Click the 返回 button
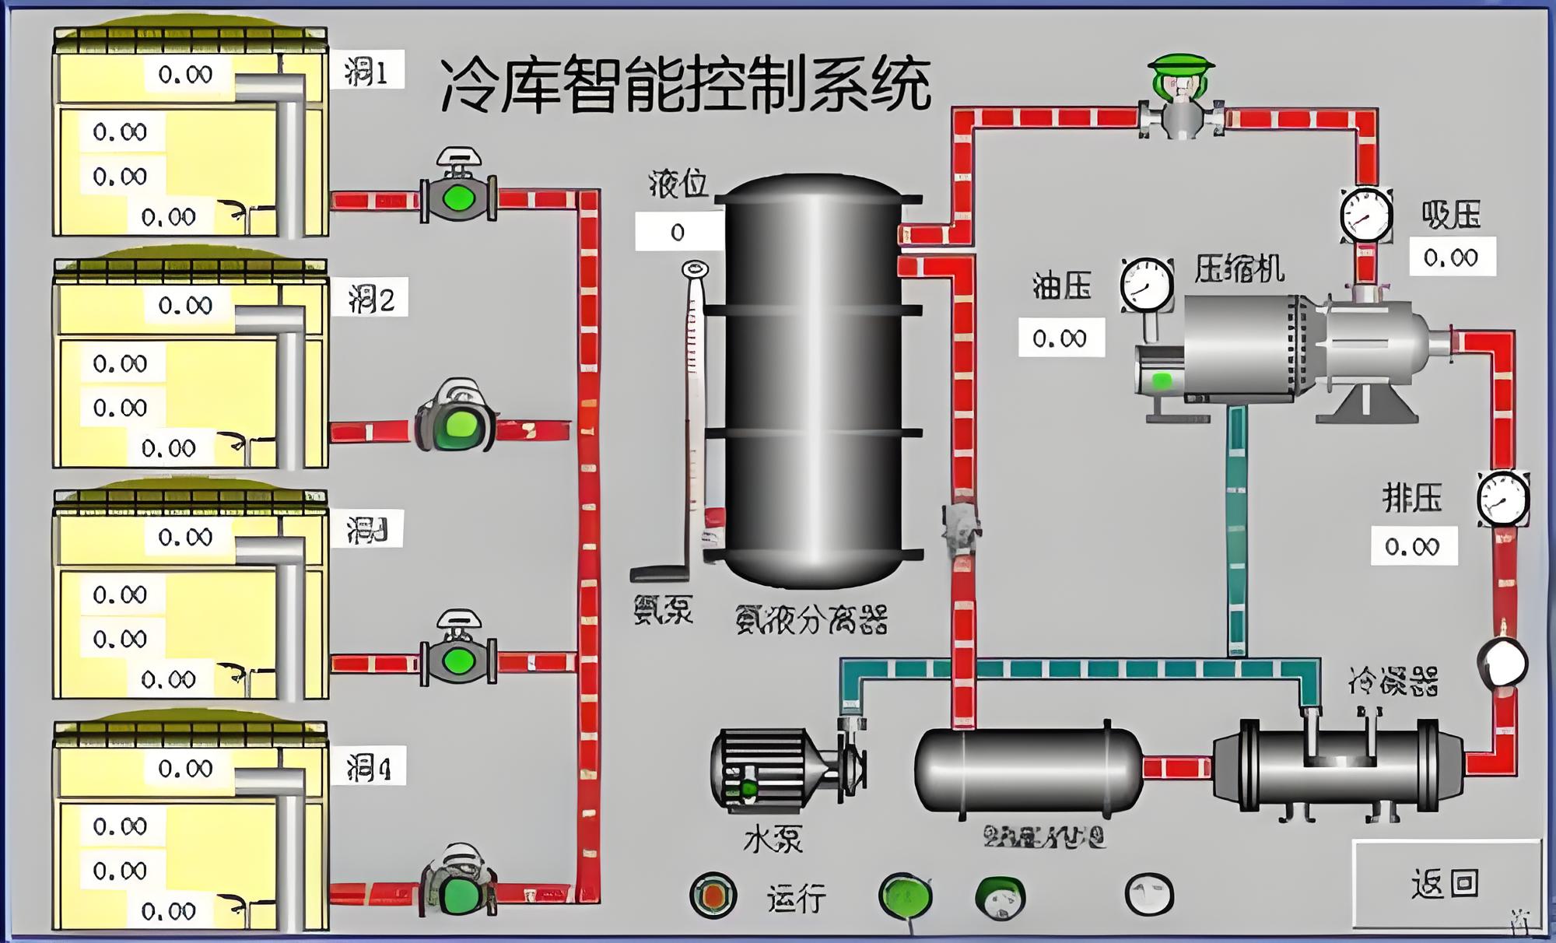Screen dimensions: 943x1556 pos(1446,884)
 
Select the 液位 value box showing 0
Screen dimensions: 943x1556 pos(678,232)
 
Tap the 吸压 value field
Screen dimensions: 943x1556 pos(1452,258)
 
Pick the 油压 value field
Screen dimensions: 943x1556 pos(1060,338)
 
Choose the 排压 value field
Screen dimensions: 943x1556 pos(1413,546)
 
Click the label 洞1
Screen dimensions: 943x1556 pos(366,72)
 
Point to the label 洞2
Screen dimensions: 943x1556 pos(370,299)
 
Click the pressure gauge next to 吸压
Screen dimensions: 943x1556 pos(1366,215)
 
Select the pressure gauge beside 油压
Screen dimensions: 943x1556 pos(1147,285)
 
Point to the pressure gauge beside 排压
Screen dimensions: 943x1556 pos(1503,499)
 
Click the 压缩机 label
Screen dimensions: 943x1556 pos(1239,269)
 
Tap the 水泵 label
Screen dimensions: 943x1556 pos(773,840)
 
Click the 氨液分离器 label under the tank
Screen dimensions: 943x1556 pos(811,620)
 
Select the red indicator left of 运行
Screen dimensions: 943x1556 pos(713,896)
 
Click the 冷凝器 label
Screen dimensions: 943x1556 pos(1393,682)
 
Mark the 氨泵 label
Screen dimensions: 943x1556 pos(663,609)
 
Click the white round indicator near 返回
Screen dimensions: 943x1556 pos(1149,894)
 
